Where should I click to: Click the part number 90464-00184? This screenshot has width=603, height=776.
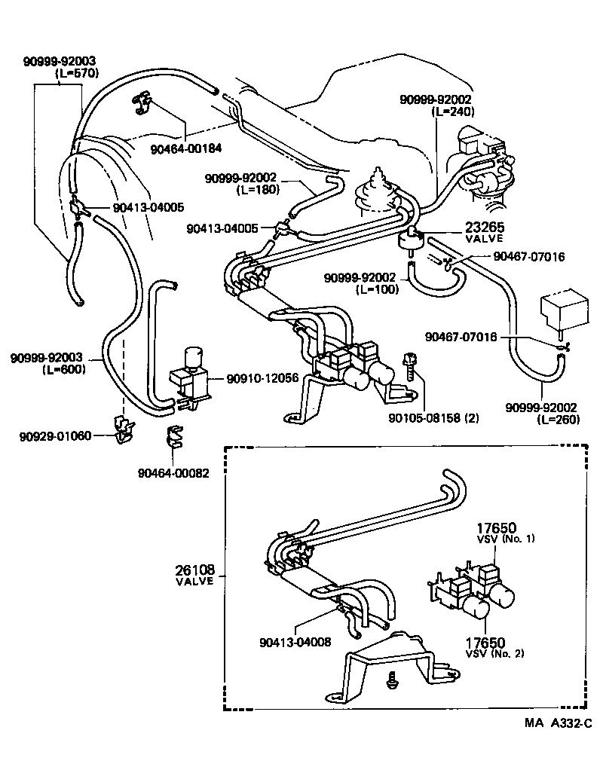185,148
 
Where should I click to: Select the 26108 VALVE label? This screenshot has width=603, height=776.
194,575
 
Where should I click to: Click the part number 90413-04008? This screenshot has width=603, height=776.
295,642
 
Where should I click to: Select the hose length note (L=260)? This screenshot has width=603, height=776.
559,419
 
